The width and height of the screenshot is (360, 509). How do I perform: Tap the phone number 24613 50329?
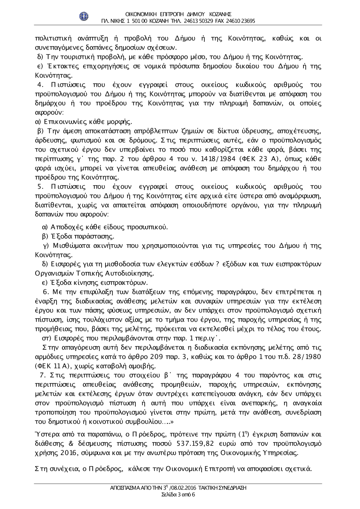(x=199, y=21)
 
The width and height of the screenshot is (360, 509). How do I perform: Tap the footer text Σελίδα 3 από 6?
(x=179, y=494)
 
